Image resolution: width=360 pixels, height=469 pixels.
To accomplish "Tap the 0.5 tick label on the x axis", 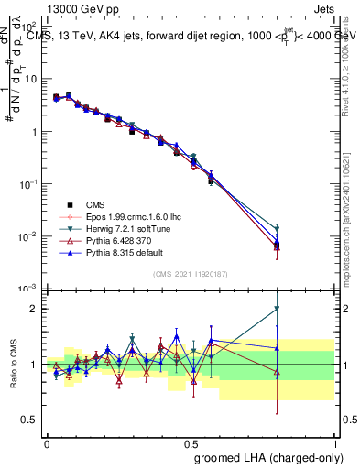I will [191, 442].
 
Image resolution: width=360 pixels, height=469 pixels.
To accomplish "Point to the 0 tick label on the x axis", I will [47, 442].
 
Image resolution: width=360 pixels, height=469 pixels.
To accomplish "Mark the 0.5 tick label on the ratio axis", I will [31, 420].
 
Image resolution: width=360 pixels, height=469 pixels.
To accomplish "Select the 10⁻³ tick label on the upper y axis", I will [29, 289].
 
